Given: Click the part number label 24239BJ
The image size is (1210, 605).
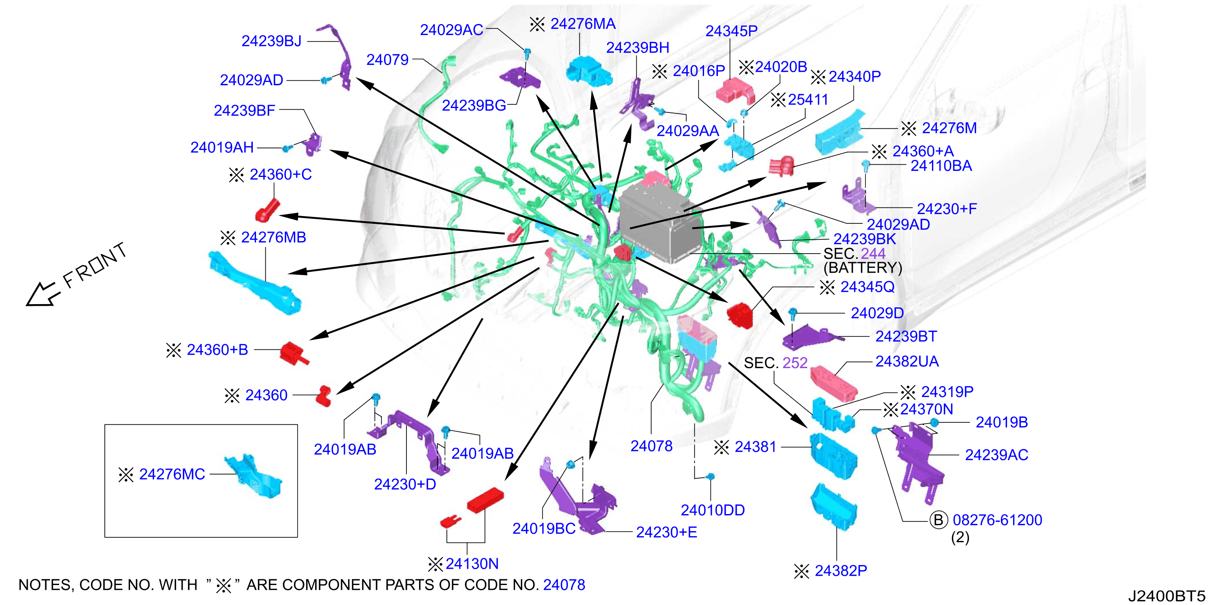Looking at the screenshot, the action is click(x=272, y=41).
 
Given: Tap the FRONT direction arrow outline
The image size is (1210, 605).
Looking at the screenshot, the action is click(x=43, y=294).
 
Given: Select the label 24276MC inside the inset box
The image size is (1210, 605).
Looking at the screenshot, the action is click(x=172, y=475).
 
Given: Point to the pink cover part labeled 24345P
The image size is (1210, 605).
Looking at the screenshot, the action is click(x=735, y=91).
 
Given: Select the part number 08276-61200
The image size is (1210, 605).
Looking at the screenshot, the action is click(x=997, y=520).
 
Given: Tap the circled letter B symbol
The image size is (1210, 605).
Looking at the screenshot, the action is click(x=938, y=520).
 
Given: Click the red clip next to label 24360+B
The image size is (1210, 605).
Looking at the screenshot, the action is click(x=294, y=353).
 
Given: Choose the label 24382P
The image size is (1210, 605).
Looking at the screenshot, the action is click(x=841, y=571).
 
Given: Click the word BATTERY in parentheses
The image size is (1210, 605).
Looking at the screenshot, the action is click(x=863, y=268).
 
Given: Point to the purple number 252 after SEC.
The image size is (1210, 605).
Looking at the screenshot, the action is click(x=795, y=363).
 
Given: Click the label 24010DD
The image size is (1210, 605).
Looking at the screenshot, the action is click(x=713, y=510).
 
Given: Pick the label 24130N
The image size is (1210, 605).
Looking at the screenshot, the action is click(x=472, y=564).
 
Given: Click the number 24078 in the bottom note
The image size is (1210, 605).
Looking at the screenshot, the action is click(x=564, y=585).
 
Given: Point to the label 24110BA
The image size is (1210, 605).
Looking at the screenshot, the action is click(x=941, y=166).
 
